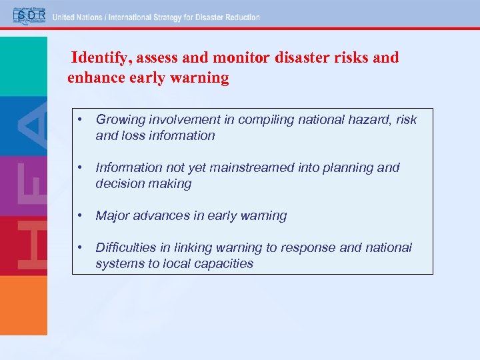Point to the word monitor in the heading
pos(244,58)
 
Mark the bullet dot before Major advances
pos(79,216)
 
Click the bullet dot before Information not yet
pos(79,168)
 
